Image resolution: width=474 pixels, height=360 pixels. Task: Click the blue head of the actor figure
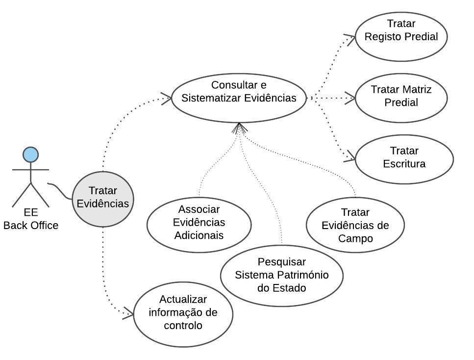coord(31,154)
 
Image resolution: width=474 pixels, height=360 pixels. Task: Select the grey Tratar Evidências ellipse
coord(103,199)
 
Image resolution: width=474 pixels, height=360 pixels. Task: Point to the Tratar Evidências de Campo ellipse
coord(355,226)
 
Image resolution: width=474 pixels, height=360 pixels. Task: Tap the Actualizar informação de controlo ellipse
coord(183,312)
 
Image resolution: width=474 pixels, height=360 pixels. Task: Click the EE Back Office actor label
coord(31,220)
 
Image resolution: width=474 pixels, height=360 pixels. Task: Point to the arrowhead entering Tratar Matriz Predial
coord(350,98)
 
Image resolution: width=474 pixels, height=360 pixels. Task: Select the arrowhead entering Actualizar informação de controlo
coord(128,314)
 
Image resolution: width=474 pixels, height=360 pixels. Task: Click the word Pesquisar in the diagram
coord(281,262)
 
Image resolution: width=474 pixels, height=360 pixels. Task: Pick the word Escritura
coord(404,163)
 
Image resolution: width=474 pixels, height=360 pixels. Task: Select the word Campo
coord(355,238)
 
